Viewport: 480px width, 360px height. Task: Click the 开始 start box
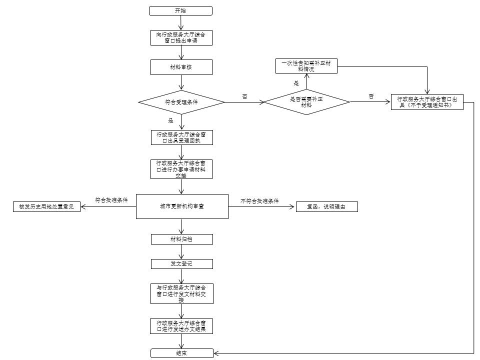coord(180,10)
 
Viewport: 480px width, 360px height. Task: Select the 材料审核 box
coord(181,67)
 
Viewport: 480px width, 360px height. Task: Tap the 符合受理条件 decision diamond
coord(181,102)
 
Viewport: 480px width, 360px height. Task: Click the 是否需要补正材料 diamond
coord(306,102)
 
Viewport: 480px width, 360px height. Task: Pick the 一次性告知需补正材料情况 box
coord(306,66)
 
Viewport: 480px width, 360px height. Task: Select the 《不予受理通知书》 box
coord(427,102)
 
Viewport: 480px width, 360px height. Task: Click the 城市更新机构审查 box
coord(182,206)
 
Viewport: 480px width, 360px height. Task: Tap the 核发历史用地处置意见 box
coord(46,206)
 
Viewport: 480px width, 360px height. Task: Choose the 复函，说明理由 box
coord(327,206)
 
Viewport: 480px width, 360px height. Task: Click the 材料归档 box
coord(182,239)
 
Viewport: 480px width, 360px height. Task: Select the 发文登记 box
coord(182,264)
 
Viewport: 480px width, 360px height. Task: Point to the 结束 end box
coord(182,353)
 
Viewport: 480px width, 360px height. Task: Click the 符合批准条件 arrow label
coord(111,200)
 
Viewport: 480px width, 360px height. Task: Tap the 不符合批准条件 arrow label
coord(259,201)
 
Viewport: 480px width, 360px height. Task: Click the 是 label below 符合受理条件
coord(171,121)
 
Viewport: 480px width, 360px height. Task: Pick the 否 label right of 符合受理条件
coord(244,96)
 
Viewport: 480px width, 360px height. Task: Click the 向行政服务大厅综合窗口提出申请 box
coord(181,37)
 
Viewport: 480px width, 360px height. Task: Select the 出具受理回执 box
coord(182,137)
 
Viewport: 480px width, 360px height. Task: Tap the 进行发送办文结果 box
coord(181,326)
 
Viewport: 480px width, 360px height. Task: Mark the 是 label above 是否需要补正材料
coord(296,83)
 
